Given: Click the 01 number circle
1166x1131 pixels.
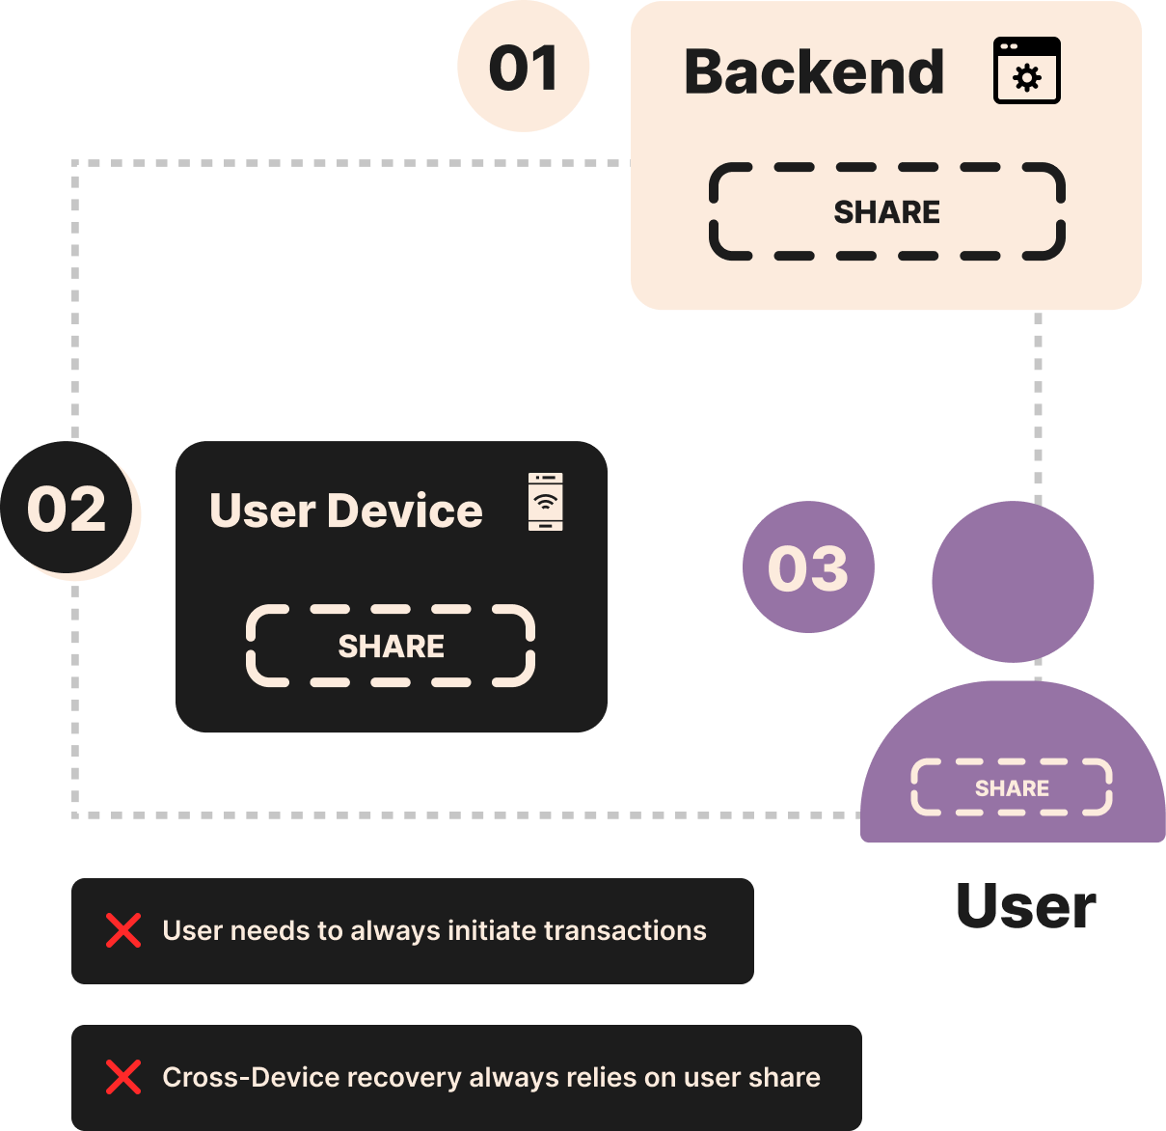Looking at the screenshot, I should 523,68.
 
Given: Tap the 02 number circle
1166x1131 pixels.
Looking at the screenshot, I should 67,509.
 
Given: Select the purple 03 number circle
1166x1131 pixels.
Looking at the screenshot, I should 808,567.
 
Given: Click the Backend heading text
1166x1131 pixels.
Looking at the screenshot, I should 814,72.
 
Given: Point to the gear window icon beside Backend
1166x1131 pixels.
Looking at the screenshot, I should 1027,70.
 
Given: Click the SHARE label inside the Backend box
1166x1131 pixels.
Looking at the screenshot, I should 886,212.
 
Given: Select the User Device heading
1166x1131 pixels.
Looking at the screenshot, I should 345,510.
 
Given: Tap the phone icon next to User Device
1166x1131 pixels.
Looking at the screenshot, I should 546,502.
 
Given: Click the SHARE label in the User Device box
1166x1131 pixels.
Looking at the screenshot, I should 391,647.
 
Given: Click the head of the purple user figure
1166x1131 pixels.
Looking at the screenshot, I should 1013,581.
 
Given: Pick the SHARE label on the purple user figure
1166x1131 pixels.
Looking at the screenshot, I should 1012,788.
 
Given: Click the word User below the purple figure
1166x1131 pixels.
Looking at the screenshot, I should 1025,907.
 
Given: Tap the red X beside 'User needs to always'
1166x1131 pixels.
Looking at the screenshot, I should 123,931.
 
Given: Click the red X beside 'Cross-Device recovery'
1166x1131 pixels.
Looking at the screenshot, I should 123,1077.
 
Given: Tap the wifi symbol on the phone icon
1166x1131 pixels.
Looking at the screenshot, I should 546,502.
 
